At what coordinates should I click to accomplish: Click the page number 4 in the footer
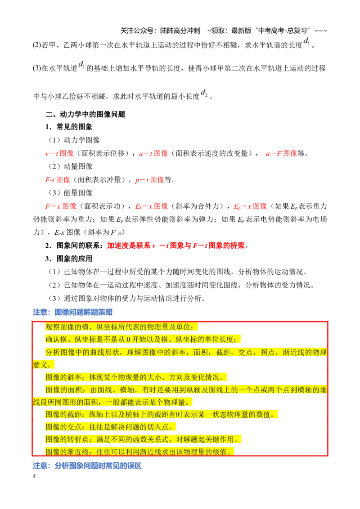[34, 476]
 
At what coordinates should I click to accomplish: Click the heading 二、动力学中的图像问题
[85, 114]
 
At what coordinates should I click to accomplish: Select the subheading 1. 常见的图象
[69, 127]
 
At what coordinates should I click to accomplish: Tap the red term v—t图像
[59, 153]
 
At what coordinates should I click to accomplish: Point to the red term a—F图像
[281, 153]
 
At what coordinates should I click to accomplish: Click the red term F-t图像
[58, 180]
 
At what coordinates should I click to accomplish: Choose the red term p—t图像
[149, 180]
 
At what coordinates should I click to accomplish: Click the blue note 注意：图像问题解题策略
[73, 313]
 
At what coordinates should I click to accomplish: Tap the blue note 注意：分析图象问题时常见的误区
[87, 466]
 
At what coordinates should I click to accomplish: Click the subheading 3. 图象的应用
[69, 259]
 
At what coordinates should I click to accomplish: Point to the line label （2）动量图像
[71, 166]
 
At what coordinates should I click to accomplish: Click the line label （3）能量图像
[71, 193]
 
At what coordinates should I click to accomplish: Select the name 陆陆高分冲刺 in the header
[180, 31]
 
